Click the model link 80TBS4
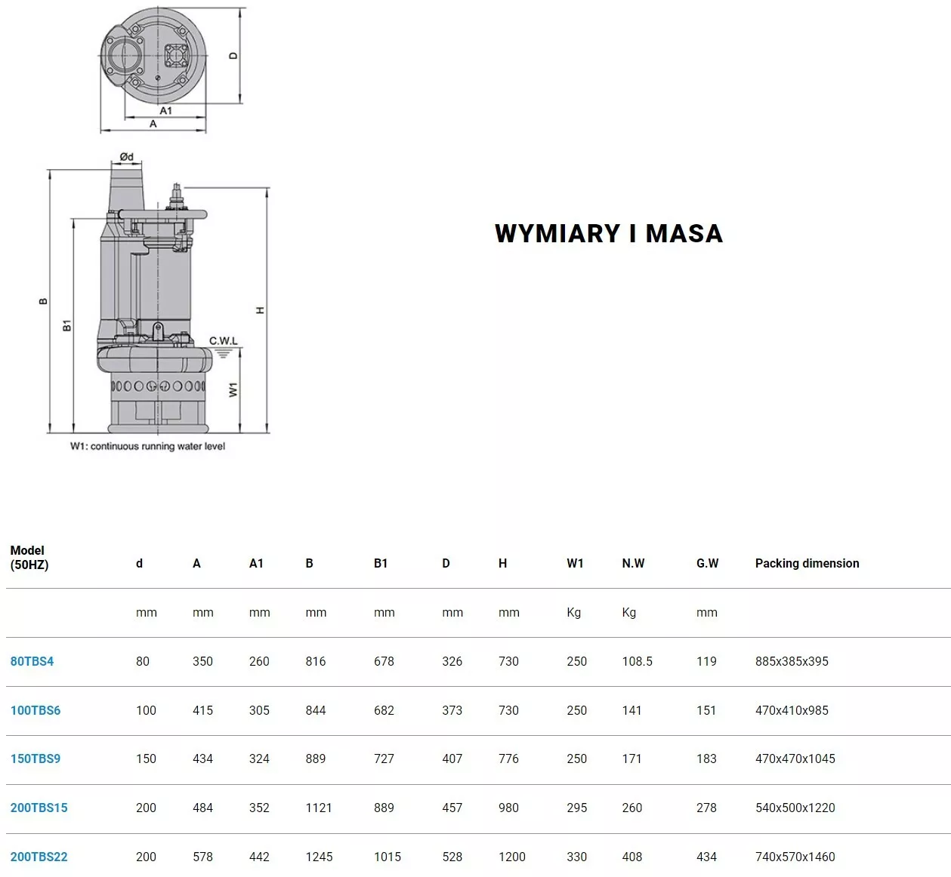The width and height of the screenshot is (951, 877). [x=32, y=661]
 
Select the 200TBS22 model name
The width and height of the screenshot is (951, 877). [x=39, y=857]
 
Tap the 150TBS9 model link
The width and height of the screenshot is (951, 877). [x=36, y=759]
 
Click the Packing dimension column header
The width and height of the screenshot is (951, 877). [x=807, y=563]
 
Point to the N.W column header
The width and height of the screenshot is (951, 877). [x=633, y=563]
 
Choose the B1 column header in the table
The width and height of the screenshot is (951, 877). [x=381, y=563]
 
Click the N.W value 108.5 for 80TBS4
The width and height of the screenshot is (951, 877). [x=637, y=661]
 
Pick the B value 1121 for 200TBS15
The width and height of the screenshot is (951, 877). [x=319, y=808]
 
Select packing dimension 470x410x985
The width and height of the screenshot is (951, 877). [x=792, y=710]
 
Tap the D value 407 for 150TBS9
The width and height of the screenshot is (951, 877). [x=452, y=759]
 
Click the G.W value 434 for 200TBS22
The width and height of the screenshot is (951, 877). [x=706, y=857]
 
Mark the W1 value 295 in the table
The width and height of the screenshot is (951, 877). [x=576, y=808]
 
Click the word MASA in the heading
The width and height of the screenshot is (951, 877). [x=684, y=233]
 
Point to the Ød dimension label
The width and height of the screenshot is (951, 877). [x=126, y=156]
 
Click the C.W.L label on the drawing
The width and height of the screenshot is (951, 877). [x=223, y=340]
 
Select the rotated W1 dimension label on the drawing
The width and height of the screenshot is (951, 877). [x=233, y=389]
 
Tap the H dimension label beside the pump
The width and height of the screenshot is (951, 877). [x=260, y=310]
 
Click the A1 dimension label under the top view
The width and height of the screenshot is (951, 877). [x=165, y=110]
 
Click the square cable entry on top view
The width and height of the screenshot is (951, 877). [x=176, y=56]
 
